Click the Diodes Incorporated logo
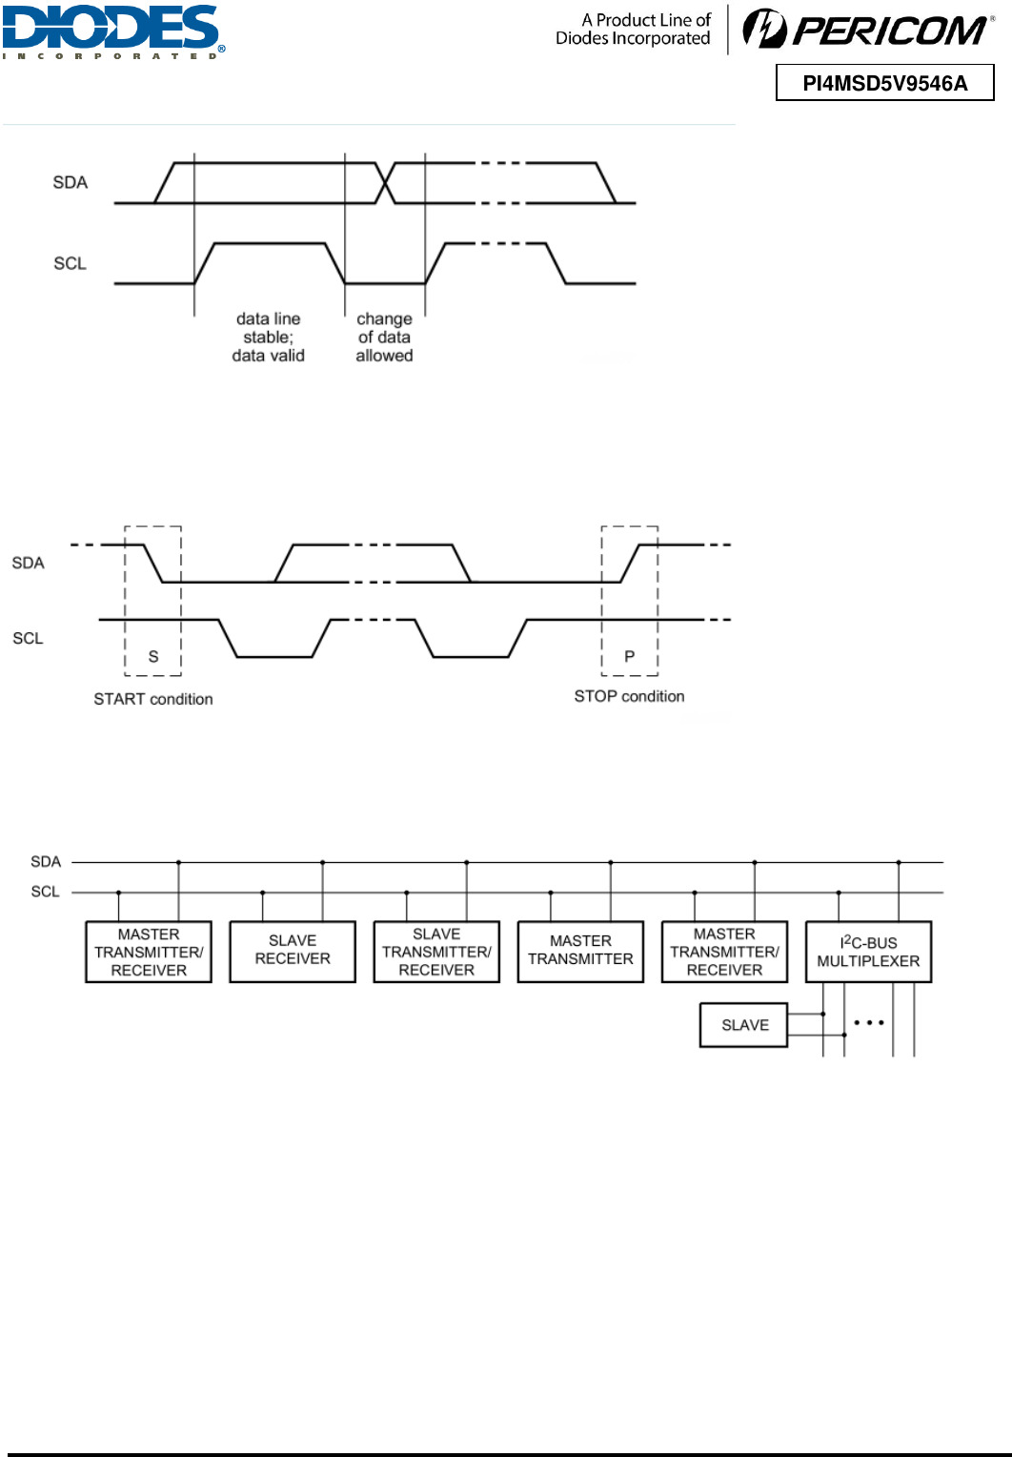tap(112, 31)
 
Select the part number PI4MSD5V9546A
tap(884, 83)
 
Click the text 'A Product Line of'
tap(646, 20)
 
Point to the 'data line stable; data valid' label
tap(268, 338)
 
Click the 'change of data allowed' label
tap(384, 338)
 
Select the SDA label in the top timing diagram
tap(70, 182)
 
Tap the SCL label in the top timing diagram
tap(70, 263)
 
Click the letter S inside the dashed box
tap(153, 656)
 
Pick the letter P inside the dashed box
tap(629, 656)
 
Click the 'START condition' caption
tap(152, 699)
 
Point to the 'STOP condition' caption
tap(629, 696)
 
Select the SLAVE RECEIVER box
tap(293, 951)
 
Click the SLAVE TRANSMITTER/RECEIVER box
tap(436, 951)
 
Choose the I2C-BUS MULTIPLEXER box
tap(868, 951)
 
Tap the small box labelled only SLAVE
tap(743, 1025)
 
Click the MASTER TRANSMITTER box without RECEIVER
tap(580, 951)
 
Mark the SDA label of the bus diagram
tap(46, 862)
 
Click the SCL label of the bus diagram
tap(46, 892)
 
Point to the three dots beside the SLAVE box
tap(869, 1022)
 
